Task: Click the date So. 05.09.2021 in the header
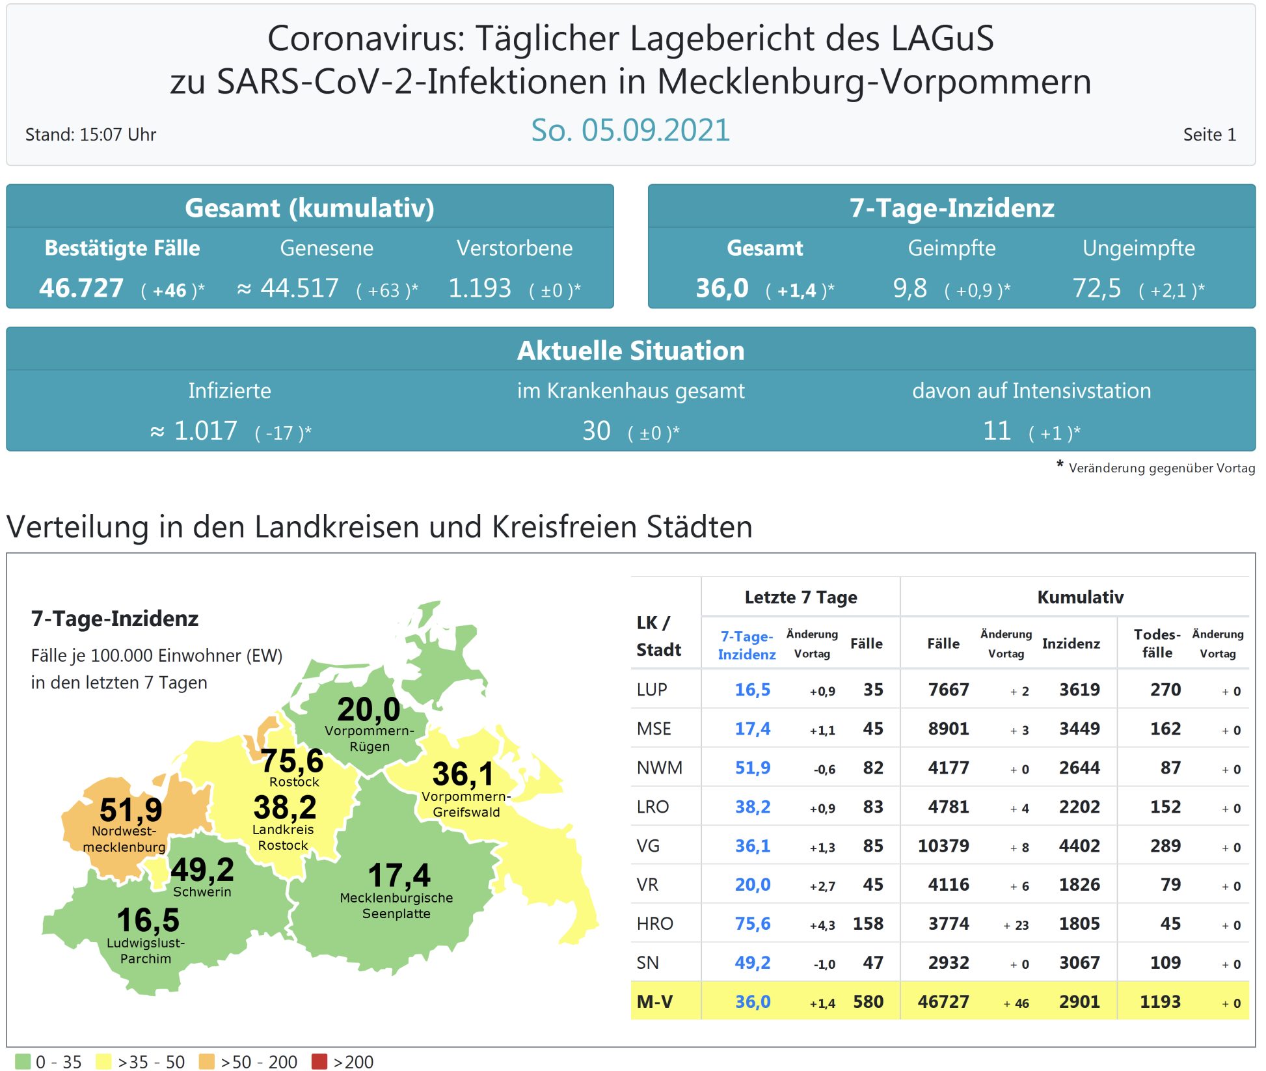(x=630, y=130)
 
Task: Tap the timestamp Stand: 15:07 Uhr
(x=90, y=135)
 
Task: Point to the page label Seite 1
(x=1209, y=135)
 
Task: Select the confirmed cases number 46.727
(x=81, y=288)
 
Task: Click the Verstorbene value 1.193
(x=479, y=288)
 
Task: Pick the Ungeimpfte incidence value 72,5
(x=1097, y=288)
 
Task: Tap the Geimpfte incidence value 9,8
(x=909, y=288)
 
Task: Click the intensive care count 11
(x=996, y=431)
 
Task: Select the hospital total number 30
(x=596, y=431)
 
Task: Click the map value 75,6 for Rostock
(x=292, y=761)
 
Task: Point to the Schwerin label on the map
(x=202, y=891)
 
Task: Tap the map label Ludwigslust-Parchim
(x=146, y=951)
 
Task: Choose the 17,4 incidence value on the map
(x=399, y=875)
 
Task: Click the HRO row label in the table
(x=654, y=923)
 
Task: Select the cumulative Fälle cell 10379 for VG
(x=943, y=845)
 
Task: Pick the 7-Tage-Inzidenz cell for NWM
(x=752, y=768)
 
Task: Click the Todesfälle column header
(x=1157, y=643)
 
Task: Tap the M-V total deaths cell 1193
(x=1159, y=1001)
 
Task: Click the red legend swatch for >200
(x=319, y=1061)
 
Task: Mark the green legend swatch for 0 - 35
(x=22, y=1061)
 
